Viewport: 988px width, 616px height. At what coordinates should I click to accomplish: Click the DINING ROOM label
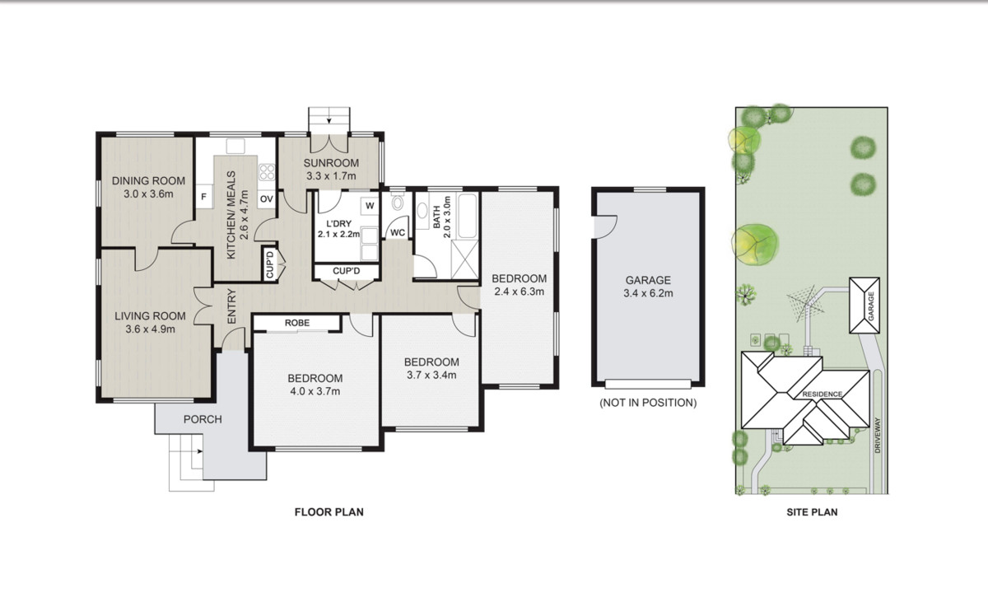tap(148, 181)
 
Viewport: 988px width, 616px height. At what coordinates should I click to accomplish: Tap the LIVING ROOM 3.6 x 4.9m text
tap(150, 323)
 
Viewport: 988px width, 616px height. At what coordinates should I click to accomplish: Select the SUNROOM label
tap(331, 163)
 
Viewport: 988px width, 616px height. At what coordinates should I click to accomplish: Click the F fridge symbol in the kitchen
tap(204, 197)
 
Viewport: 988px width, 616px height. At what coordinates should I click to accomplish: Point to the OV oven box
tap(267, 199)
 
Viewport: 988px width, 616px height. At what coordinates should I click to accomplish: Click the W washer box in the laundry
tap(370, 206)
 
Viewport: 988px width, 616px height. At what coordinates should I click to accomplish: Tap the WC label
tap(398, 232)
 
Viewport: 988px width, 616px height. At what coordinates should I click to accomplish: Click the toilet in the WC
tap(398, 201)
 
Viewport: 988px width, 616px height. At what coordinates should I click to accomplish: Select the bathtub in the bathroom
tap(468, 216)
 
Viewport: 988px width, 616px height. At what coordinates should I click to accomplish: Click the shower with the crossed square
tap(464, 260)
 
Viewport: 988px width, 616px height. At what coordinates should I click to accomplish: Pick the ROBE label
tap(297, 323)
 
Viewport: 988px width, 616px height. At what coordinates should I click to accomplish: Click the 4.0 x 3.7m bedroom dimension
tap(315, 391)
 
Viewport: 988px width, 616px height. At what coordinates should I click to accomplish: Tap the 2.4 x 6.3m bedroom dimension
tap(520, 292)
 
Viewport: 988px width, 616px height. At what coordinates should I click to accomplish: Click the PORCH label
tap(203, 419)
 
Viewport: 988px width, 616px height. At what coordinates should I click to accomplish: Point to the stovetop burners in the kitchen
tap(267, 172)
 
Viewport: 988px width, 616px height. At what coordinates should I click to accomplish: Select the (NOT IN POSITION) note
tap(648, 403)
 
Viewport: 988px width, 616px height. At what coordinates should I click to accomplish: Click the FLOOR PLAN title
tap(329, 512)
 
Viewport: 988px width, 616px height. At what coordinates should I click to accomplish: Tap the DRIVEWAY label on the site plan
tap(877, 435)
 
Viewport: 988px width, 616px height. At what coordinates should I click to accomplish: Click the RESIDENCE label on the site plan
tap(823, 394)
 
